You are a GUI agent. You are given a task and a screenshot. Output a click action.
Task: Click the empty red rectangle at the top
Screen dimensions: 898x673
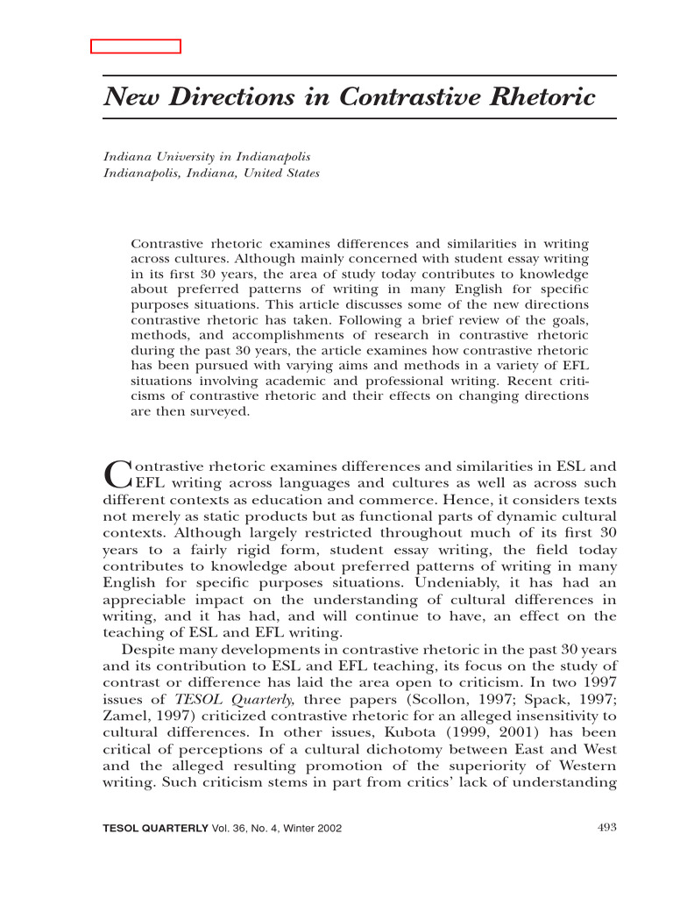point(136,46)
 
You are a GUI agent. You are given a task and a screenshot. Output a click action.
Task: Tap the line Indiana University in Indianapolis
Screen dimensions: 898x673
point(207,156)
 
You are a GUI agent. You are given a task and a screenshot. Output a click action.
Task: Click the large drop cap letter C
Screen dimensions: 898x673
point(116,474)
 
